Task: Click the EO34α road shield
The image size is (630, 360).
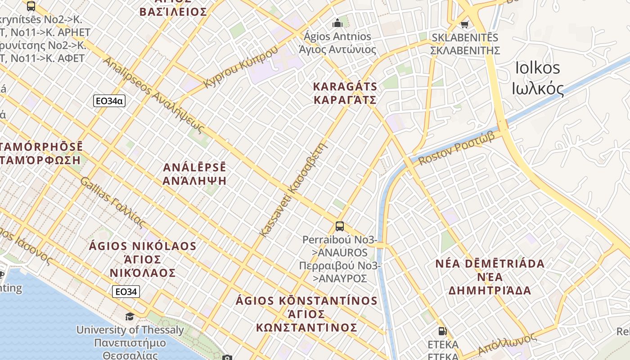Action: coord(109,101)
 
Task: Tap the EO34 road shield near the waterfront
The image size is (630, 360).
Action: coord(126,292)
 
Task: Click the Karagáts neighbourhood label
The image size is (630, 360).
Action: coord(345,93)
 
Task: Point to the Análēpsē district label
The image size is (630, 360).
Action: coord(195,174)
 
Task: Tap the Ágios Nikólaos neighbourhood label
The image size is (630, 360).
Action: coord(143,259)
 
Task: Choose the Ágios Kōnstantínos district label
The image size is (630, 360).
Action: coord(306,314)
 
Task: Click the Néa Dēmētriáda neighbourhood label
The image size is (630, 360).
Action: coord(490,277)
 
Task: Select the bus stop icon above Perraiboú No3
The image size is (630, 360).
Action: coord(340,226)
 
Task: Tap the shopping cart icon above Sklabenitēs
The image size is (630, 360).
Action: coord(465,24)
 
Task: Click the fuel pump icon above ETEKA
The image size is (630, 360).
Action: coord(442,331)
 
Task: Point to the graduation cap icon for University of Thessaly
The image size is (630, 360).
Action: coord(130,316)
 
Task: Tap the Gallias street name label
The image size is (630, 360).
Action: coord(113,202)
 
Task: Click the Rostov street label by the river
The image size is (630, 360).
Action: coord(456,148)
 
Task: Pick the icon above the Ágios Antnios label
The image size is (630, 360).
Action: coord(337,22)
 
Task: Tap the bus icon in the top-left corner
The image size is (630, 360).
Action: coord(31,6)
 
